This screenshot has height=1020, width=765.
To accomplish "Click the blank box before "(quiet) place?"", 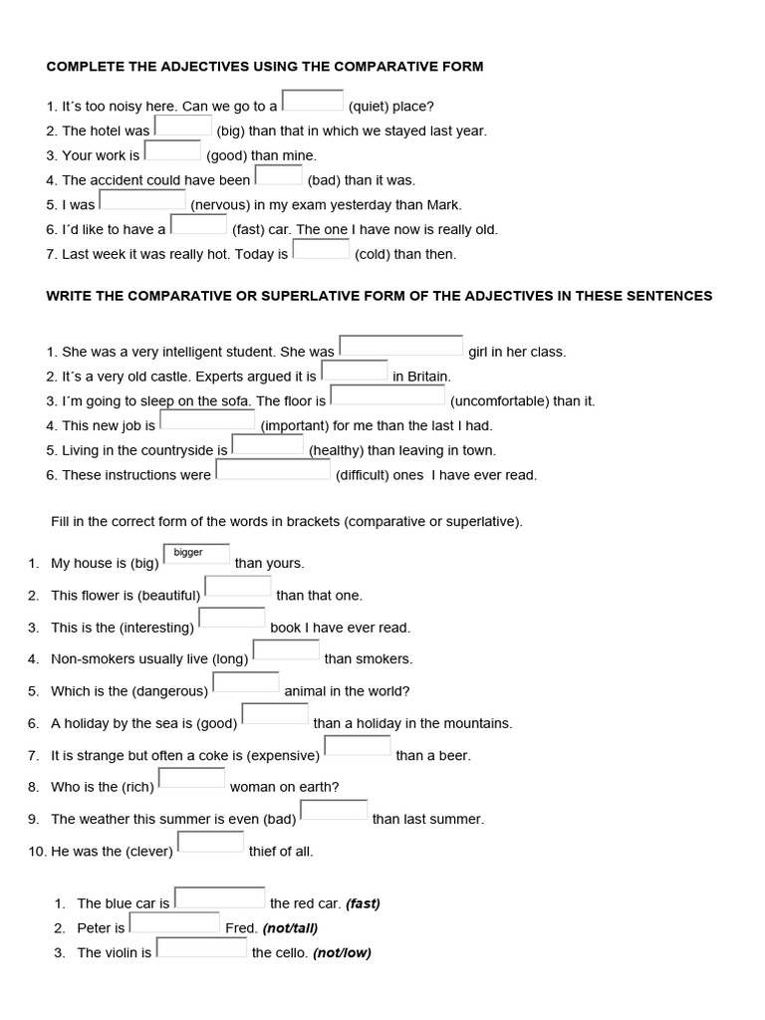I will coord(313,101).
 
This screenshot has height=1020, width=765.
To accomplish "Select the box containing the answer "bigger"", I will coord(196,554).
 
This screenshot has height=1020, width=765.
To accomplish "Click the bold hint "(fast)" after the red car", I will coord(363,904).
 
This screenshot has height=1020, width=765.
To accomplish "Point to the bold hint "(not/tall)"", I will coord(290,928).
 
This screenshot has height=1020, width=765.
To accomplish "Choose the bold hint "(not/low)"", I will coord(342,953).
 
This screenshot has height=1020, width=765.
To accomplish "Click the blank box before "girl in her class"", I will coord(401,346).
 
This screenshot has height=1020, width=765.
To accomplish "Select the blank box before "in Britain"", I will coord(354,371).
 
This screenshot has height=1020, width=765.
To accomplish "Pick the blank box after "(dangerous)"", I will coord(246,682).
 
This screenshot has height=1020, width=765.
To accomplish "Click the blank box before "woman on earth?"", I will coord(191,778).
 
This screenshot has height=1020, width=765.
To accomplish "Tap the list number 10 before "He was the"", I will coord(36,852).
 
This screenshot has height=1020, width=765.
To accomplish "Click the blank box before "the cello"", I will coord(201,946).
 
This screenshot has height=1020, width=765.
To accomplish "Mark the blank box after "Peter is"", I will coord(174,922).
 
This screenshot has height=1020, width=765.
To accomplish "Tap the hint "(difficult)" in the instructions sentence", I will coord(363,475).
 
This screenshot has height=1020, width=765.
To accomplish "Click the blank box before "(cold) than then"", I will coord(321,249).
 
